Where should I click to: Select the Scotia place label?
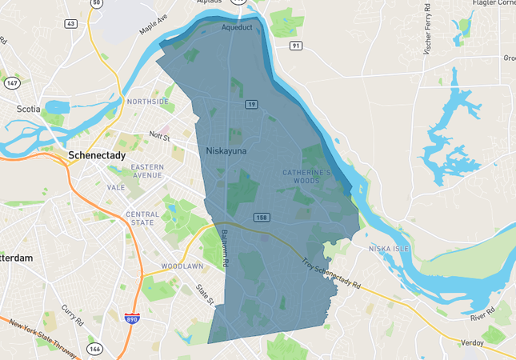[x=28, y=109]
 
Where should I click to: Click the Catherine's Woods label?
[x=306, y=176]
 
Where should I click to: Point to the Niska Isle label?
[x=389, y=249]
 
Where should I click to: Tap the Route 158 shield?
[x=262, y=218]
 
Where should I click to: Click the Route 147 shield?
[x=11, y=83]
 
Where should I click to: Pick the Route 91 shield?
[x=296, y=46]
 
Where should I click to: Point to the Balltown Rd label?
[x=225, y=249]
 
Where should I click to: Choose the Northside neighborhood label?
[x=148, y=102]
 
